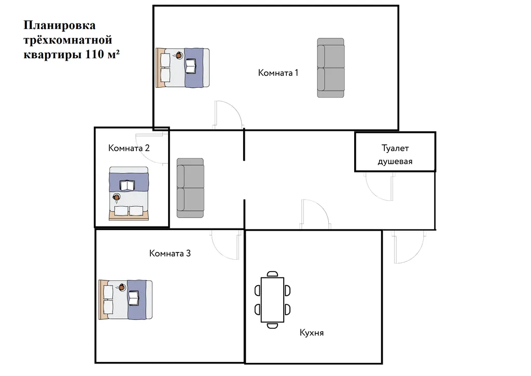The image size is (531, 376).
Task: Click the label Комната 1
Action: click(x=278, y=73)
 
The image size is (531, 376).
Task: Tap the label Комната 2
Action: click(x=129, y=148)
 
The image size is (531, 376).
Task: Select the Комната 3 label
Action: click(x=170, y=253)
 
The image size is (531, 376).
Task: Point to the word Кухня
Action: click(x=312, y=332)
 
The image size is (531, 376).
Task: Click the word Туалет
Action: click(x=395, y=148)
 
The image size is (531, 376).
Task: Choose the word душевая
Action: click(x=395, y=162)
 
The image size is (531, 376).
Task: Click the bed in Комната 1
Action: click(x=183, y=68)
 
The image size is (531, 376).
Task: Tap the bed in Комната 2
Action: click(x=129, y=194)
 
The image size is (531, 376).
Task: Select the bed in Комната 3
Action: click(x=125, y=300)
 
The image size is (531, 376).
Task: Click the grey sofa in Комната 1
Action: click(x=330, y=68)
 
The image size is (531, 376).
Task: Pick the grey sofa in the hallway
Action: click(x=190, y=188)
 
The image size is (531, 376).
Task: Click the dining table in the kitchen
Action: click(x=272, y=300)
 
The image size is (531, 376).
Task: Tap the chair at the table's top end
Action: click(x=272, y=274)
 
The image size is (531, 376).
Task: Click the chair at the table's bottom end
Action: click(x=272, y=326)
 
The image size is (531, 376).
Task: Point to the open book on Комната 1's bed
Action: click(x=191, y=66)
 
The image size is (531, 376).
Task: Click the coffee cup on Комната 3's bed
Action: click(x=121, y=288)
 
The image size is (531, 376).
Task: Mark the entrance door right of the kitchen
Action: click(x=409, y=247)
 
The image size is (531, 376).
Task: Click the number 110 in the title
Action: click(x=94, y=54)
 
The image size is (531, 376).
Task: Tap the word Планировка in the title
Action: click(x=59, y=25)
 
